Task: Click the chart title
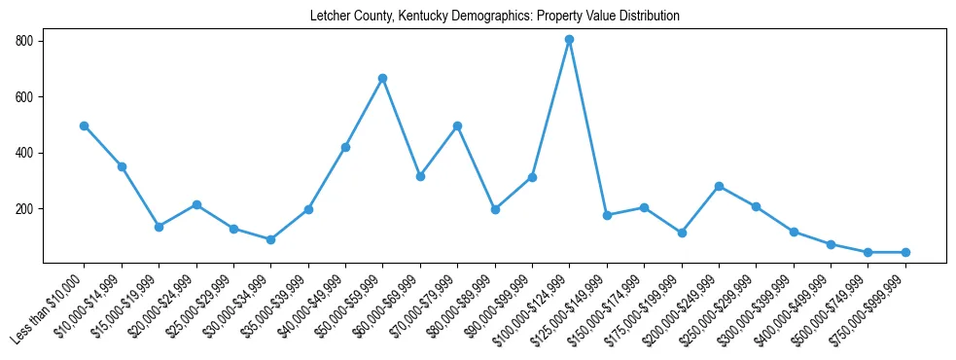click(494, 17)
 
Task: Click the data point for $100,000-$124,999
click(569, 40)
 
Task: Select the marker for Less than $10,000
click(85, 126)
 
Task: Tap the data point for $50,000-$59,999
click(383, 78)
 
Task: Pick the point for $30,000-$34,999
click(271, 239)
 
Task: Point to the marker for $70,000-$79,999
click(457, 126)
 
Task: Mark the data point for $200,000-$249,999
click(719, 186)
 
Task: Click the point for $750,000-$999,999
click(905, 252)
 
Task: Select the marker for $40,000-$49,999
click(345, 147)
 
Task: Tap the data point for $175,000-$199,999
click(682, 233)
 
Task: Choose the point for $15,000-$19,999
click(159, 227)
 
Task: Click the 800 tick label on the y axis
click(24, 41)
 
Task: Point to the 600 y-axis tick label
click(24, 97)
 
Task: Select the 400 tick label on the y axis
click(24, 153)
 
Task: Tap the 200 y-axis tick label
click(24, 209)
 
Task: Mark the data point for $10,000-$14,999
click(122, 166)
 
